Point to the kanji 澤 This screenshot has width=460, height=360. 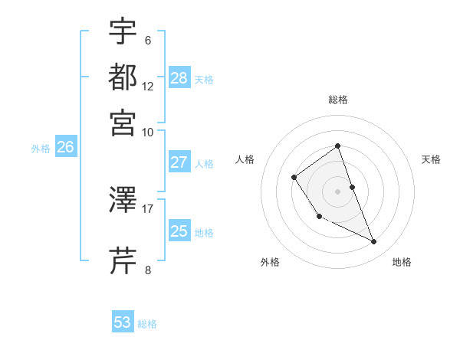point(123,201)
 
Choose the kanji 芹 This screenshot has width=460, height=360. point(123,261)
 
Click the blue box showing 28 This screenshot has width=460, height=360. point(179,77)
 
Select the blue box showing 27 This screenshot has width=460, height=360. point(179,162)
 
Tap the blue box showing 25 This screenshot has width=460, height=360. point(179,231)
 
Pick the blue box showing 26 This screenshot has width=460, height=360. point(65,148)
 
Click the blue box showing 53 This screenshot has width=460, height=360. point(123,322)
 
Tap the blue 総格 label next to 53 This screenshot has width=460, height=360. point(147,324)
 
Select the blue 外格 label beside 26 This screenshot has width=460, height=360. point(41,149)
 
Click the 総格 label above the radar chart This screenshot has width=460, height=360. point(337,100)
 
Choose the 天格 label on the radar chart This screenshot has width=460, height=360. point(431,159)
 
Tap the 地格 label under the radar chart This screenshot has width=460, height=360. point(402,263)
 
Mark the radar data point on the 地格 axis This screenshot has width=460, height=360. point(374,242)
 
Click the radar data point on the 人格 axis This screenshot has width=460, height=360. point(294,178)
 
